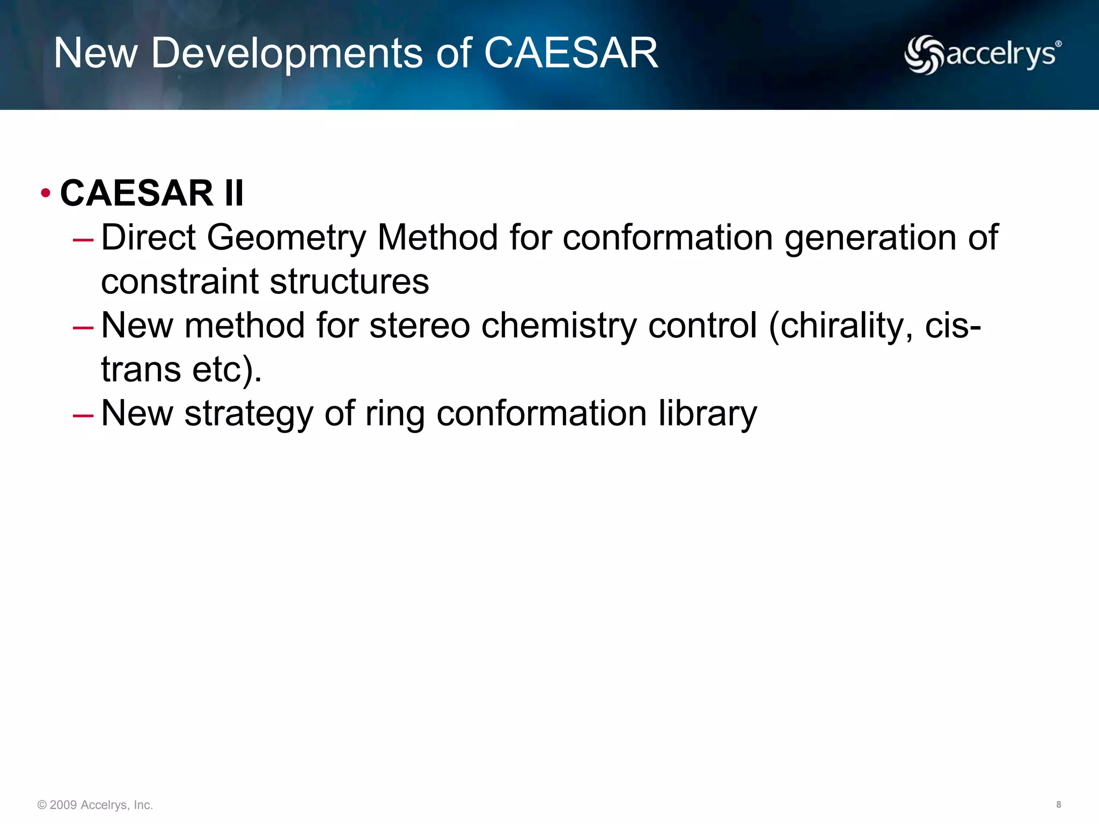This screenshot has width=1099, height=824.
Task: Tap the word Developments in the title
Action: click(287, 53)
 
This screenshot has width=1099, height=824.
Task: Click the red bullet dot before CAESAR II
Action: click(46, 193)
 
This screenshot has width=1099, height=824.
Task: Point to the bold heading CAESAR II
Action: click(152, 193)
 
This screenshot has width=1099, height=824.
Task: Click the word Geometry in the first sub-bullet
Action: click(286, 238)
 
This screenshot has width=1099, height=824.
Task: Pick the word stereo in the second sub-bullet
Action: click(420, 326)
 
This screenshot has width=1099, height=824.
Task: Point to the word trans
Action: click(141, 370)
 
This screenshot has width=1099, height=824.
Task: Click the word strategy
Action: click(248, 414)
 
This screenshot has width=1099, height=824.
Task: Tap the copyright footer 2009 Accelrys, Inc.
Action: click(96, 805)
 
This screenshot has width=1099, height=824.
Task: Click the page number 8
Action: click(1058, 804)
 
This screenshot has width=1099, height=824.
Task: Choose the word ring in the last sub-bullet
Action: click(395, 414)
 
